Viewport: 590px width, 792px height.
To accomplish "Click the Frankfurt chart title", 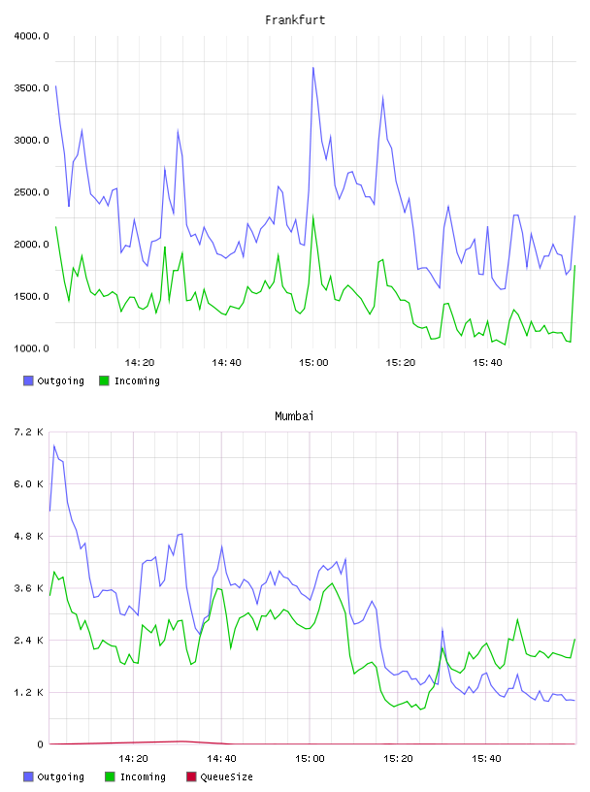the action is point(295,20).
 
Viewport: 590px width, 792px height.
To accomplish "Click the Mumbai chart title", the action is point(294,416).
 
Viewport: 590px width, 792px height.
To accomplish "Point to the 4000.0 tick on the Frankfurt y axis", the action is point(31,36).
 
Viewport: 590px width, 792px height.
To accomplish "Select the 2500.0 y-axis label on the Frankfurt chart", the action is point(31,192).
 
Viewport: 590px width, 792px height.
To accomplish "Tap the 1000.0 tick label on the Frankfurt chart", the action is point(31,348).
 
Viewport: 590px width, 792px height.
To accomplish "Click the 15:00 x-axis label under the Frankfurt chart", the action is point(313,363).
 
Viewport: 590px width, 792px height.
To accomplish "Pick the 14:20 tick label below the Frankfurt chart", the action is point(140,363).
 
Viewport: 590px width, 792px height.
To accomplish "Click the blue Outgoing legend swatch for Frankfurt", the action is point(28,380).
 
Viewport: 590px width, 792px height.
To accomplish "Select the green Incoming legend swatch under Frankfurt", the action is point(104,380).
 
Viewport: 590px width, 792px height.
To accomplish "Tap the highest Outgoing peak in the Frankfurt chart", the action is point(313,68).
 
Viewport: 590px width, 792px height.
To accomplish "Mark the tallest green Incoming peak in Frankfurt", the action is point(313,217).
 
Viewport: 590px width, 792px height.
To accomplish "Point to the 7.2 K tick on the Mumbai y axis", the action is point(29,432).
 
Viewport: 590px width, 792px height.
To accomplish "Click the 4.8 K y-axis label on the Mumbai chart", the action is point(29,536).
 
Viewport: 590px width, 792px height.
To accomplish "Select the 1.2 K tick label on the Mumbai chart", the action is point(29,692).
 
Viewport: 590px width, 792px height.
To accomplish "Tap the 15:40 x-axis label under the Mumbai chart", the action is point(486,759).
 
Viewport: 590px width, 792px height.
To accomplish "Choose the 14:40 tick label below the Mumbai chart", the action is point(222,759).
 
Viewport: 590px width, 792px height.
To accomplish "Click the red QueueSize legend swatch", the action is point(191,776).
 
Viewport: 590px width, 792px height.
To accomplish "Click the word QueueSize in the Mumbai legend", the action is point(227,776).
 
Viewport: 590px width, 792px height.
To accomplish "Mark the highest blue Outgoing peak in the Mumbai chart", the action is point(54,445).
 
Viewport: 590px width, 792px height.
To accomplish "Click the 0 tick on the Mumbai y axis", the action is point(41,744).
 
